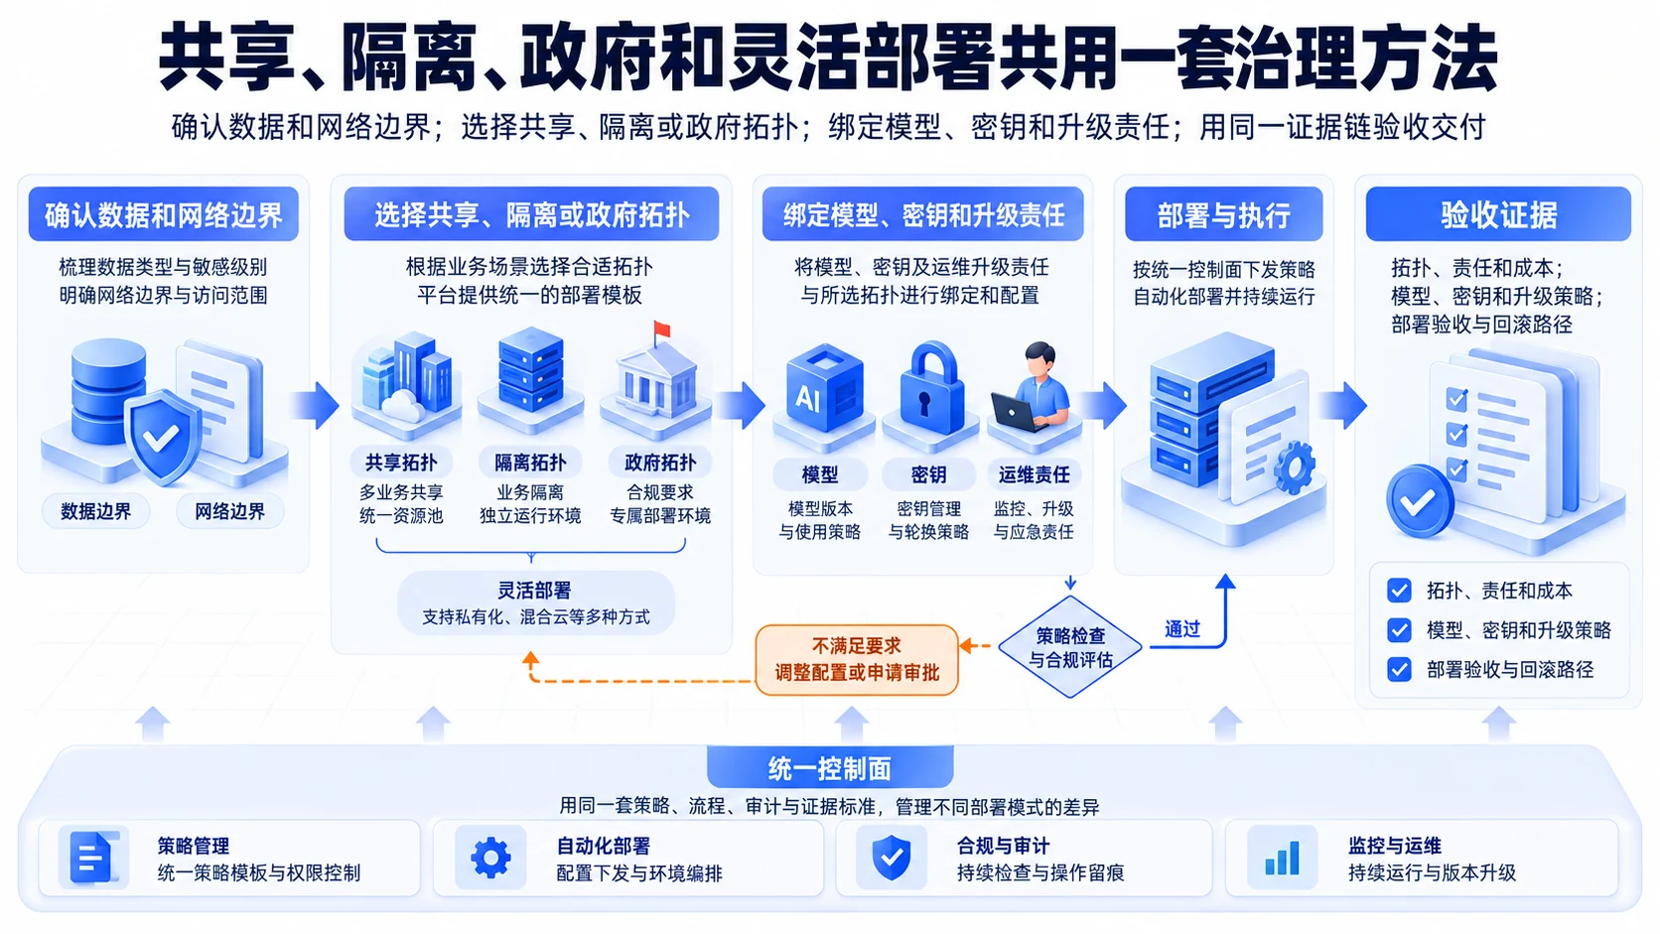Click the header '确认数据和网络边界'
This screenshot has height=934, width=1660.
tap(163, 214)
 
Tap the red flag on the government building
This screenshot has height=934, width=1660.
tap(661, 330)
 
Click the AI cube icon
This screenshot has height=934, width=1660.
tap(824, 387)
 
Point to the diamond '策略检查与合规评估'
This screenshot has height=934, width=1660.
tap(1070, 647)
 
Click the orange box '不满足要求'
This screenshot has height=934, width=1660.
tap(857, 659)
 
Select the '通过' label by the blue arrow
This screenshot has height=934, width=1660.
tap(1182, 629)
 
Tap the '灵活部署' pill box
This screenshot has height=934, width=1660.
tap(535, 602)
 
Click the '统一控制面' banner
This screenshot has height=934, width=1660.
tap(830, 768)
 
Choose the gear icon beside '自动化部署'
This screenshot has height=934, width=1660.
tap(490, 858)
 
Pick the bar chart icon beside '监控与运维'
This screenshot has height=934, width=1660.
tap(1282, 858)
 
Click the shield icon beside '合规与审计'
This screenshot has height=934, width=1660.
tap(892, 858)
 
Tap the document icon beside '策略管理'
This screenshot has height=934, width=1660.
tap(92, 858)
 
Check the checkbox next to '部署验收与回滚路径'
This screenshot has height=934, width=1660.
tap(1399, 670)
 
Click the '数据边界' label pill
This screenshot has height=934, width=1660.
tap(96, 511)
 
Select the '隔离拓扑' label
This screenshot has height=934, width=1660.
tap(530, 463)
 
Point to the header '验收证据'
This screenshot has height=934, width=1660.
tap(1498, 214)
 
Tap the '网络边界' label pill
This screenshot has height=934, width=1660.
tap(229, 511)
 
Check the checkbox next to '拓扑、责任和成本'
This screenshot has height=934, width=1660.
tap(1399, 591)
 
